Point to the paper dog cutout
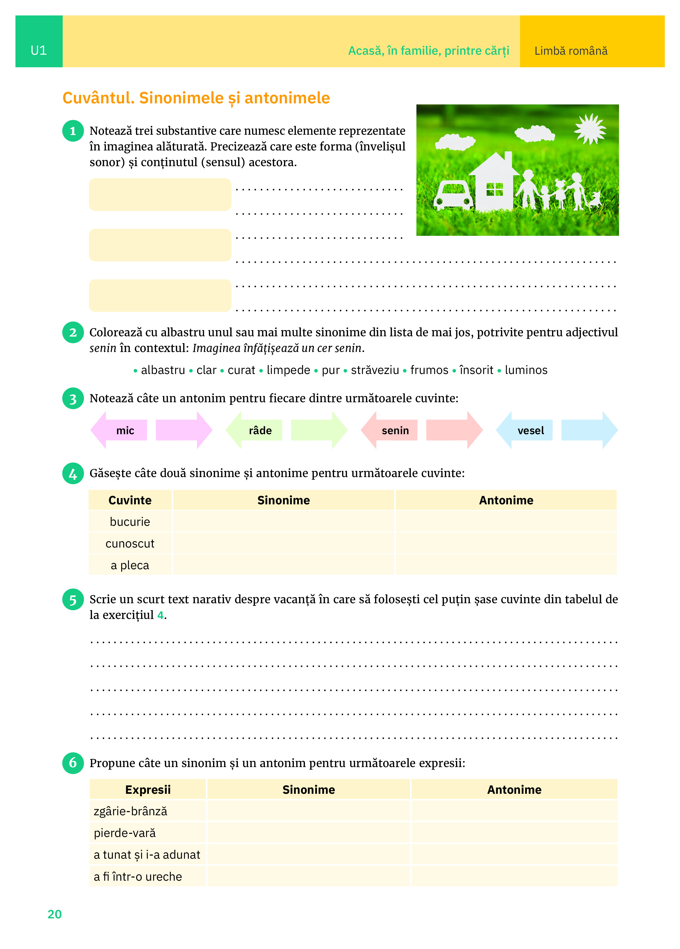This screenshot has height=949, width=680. pyautogui.click(x=595, y=200)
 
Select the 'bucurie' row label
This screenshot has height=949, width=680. pyautogui.click(x=130, y=522)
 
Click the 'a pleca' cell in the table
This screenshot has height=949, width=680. pyautogui.click(x=130, y=565)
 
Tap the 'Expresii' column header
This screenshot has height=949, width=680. pyautogui.click(x=148, y=790)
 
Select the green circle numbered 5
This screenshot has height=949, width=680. pyautogui.click(x=73, y=600)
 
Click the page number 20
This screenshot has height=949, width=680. pyautogui.click(x=54, y=914)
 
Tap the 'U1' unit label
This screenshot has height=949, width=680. pyautogui.click(x=38, y=51)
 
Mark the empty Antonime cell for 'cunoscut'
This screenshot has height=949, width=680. pyautogui.click(x=506, y=544)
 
